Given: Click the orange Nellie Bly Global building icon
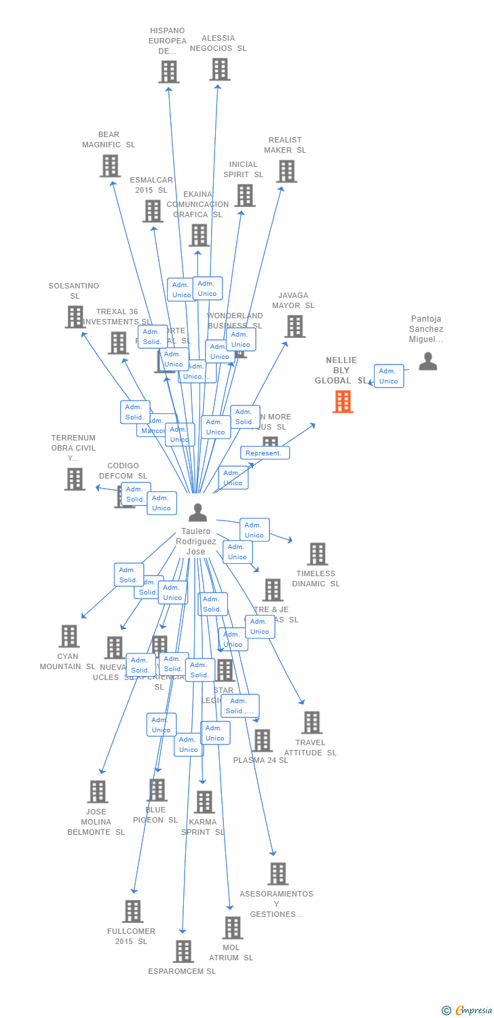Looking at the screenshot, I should coord(343,402).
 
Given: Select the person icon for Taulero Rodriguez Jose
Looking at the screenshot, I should coord(197,512).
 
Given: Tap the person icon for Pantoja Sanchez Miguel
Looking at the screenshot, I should coord(427,361).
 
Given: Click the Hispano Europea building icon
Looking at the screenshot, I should coord(169,71).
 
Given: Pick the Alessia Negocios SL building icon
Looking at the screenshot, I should coord(220,69).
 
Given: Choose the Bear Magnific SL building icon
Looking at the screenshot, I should coord(110,166).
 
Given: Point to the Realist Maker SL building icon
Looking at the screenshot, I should coord(286,171).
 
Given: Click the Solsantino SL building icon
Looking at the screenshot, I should coord(75,316).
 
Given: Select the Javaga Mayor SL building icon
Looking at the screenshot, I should coord(294,326).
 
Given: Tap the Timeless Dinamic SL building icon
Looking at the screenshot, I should coord(317,554).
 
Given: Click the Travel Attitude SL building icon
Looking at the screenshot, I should coord(311,722).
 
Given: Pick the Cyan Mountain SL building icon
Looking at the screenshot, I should coord(69,636).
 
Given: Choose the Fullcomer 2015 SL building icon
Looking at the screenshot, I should coord(133,911).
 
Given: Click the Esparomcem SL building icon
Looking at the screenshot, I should coord(183,951).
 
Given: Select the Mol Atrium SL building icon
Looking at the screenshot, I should coord(232,927).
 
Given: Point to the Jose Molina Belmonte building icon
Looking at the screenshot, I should coord(98,791).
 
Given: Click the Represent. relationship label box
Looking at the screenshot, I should coord(265,453).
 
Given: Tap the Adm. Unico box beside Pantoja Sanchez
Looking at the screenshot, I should coord(388,376).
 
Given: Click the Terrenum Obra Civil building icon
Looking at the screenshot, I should coord(75,478).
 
